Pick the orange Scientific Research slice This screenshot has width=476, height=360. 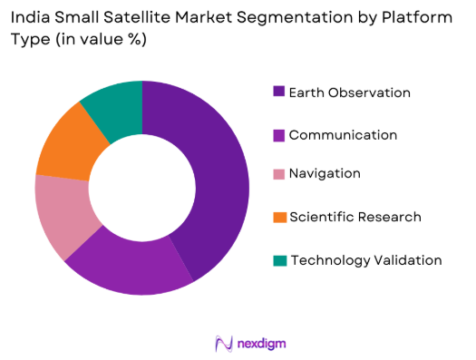coord(67,141)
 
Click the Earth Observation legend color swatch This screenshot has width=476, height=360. coord(279,92)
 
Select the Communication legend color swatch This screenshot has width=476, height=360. coord(279,135)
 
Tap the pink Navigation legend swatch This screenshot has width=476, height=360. coord(279,174)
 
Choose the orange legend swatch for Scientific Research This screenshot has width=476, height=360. coord(279,218)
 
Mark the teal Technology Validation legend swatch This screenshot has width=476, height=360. coord(279,261)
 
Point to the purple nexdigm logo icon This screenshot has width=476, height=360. coord(223,343)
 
